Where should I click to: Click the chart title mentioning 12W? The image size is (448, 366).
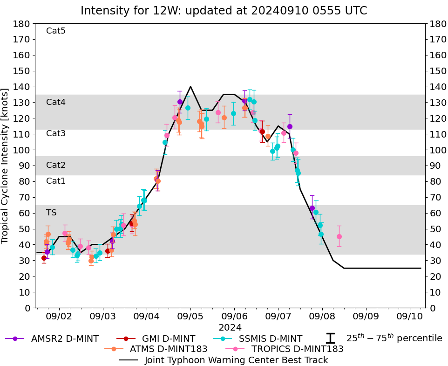224,10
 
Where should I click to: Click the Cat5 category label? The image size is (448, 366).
56,31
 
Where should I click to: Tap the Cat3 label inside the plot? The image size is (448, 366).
56,133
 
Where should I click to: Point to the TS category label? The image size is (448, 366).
51,213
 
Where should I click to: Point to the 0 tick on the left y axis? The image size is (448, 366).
27,308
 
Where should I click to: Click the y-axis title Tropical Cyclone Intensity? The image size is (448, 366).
6,166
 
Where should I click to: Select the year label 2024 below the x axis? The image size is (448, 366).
229,327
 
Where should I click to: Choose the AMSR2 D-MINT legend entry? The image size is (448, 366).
54,338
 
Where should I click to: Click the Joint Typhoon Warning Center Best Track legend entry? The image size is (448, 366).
236,360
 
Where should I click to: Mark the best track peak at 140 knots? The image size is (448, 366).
190,87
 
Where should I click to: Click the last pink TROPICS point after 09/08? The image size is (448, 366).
339,236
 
